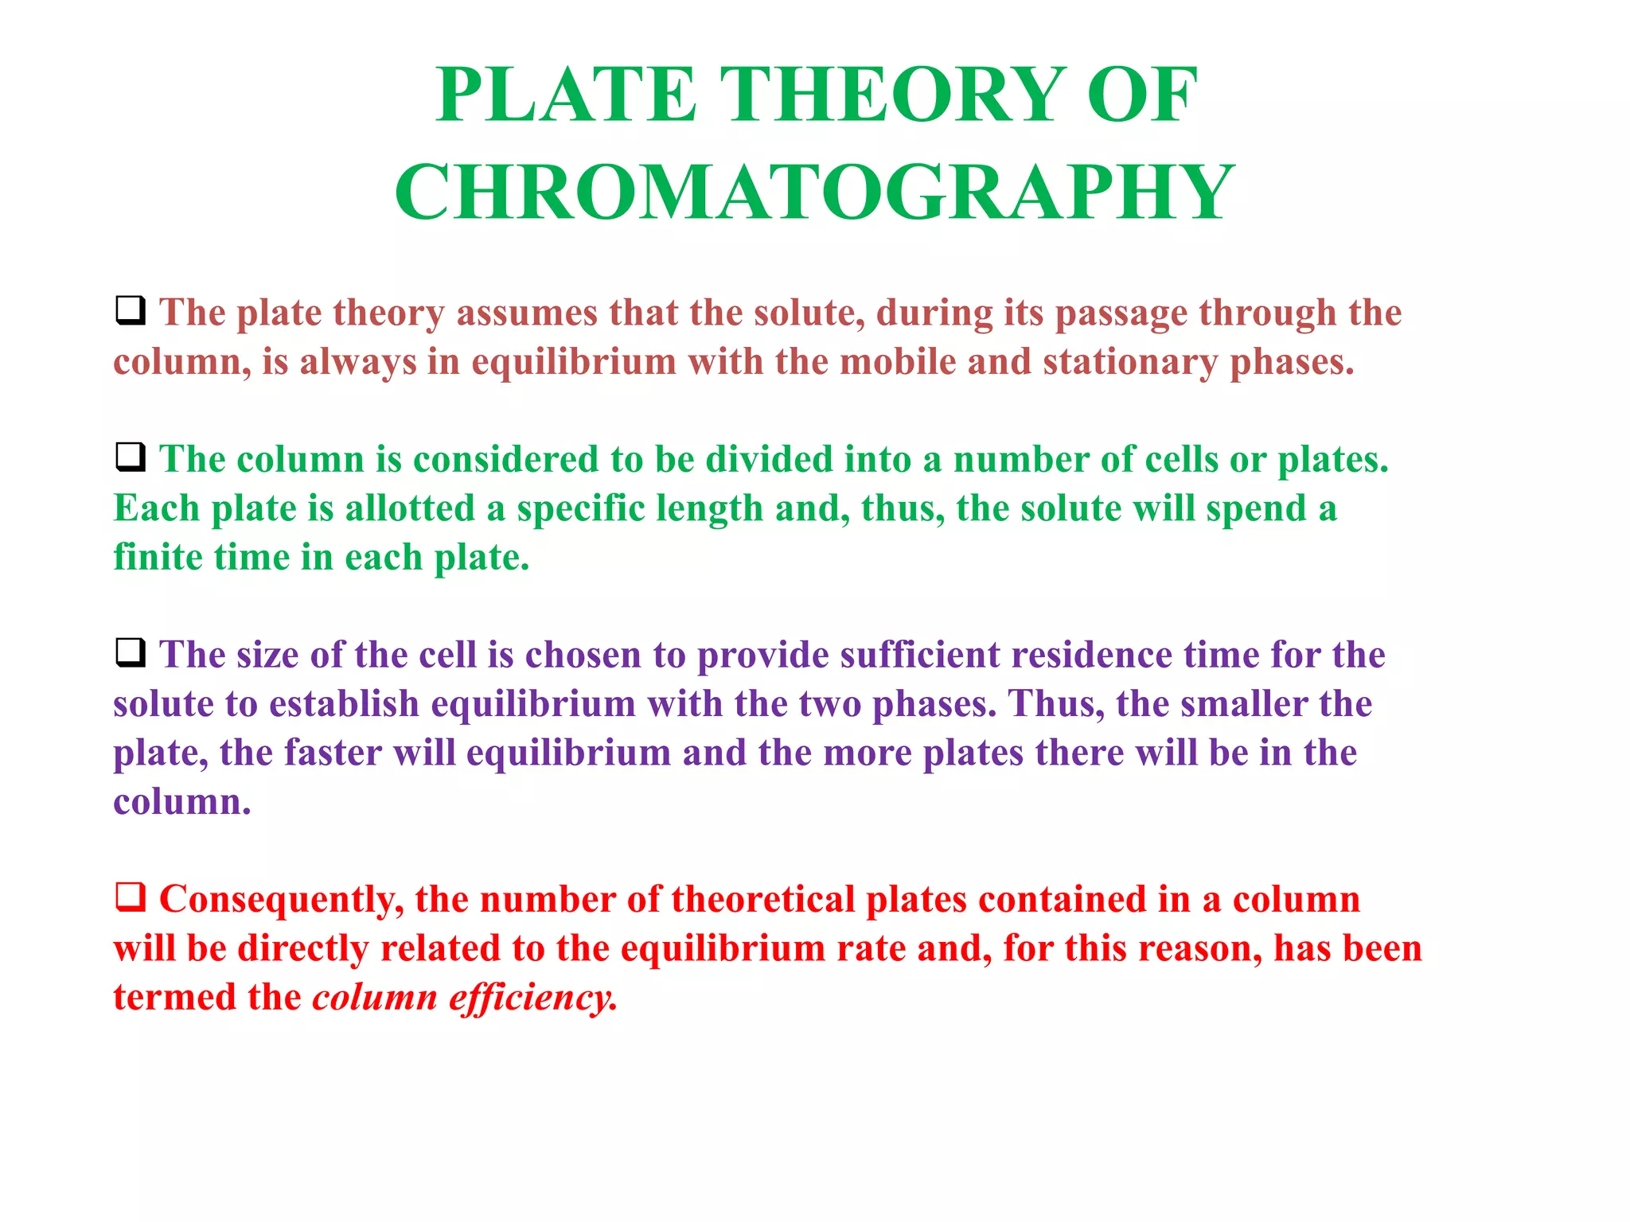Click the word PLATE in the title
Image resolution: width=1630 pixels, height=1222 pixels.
(567, 95)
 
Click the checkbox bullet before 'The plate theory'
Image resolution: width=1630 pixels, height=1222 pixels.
(131, 310)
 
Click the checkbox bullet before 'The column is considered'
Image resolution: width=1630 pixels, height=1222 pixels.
(131, 457)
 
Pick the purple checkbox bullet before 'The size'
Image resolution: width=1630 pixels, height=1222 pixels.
(131, 653)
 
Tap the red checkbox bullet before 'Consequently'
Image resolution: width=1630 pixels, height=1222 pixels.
(131, 897)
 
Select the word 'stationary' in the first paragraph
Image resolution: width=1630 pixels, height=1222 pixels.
(1130, 362)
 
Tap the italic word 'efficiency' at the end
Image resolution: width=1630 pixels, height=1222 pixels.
(532, 998)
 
